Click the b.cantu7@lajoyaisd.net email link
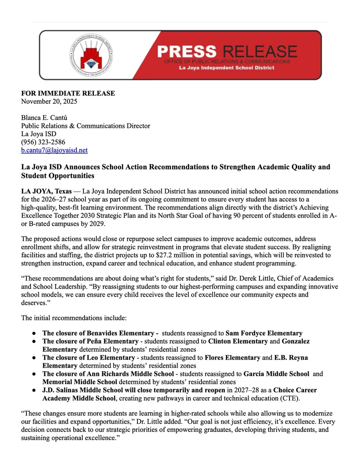point(55,150)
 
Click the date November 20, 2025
point(50,101)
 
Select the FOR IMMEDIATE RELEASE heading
point(68,93)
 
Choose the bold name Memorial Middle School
point(80,382)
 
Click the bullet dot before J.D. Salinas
point(34,390)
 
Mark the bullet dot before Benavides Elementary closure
point(34,333)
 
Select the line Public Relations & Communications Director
point(86,126)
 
